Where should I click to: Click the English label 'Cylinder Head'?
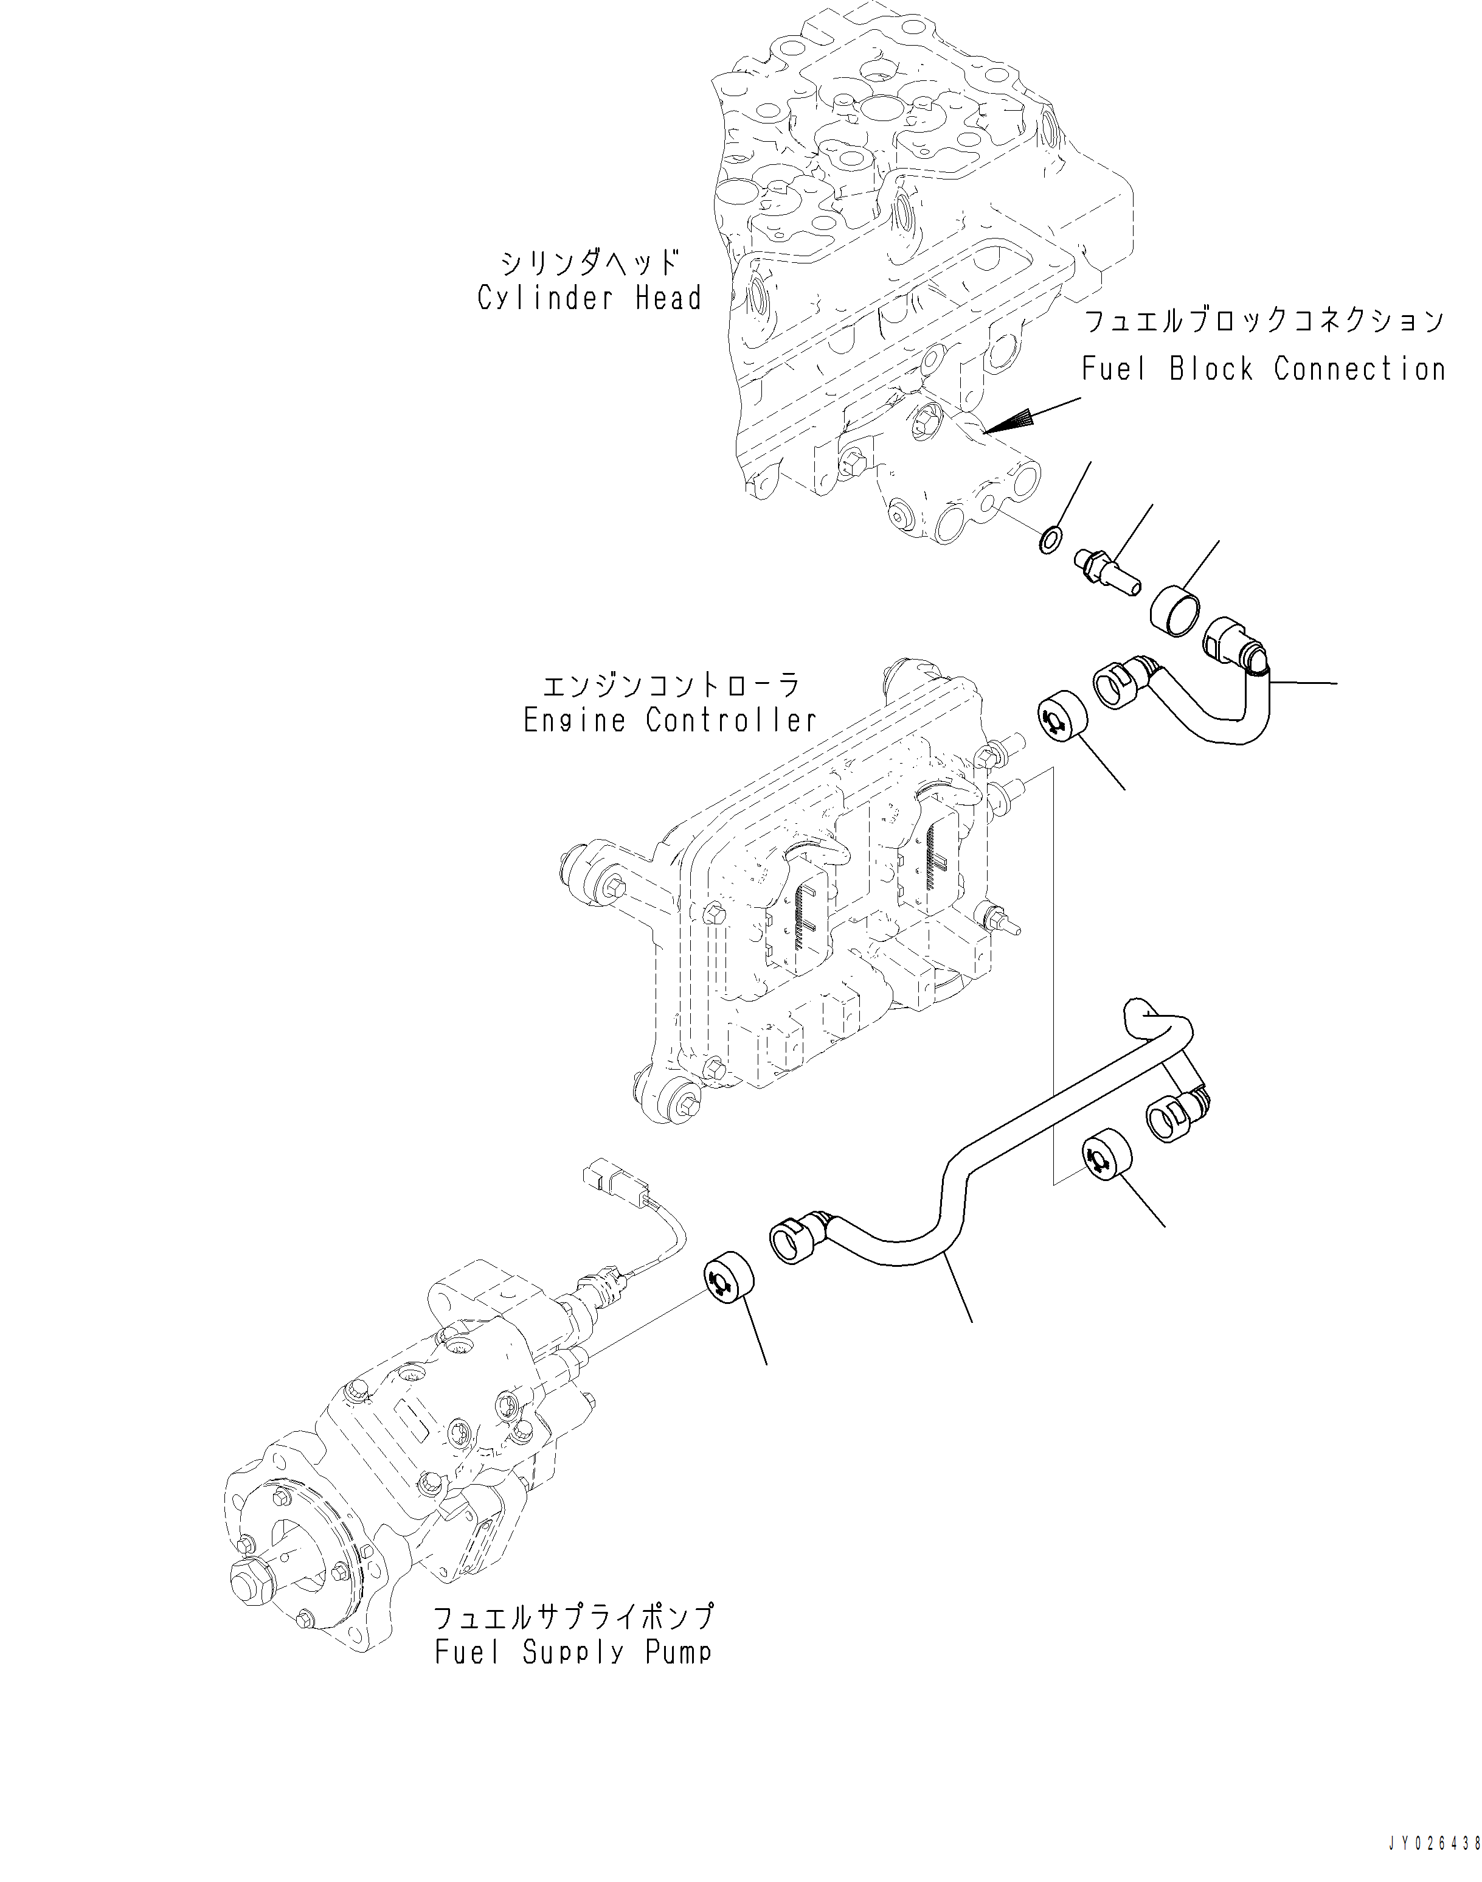(x=589, y=299)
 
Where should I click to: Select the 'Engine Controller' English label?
(x=670, y=720)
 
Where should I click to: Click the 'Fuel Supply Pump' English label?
(x=573, y=1652)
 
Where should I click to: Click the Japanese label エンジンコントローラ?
(x=670, y=685)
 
